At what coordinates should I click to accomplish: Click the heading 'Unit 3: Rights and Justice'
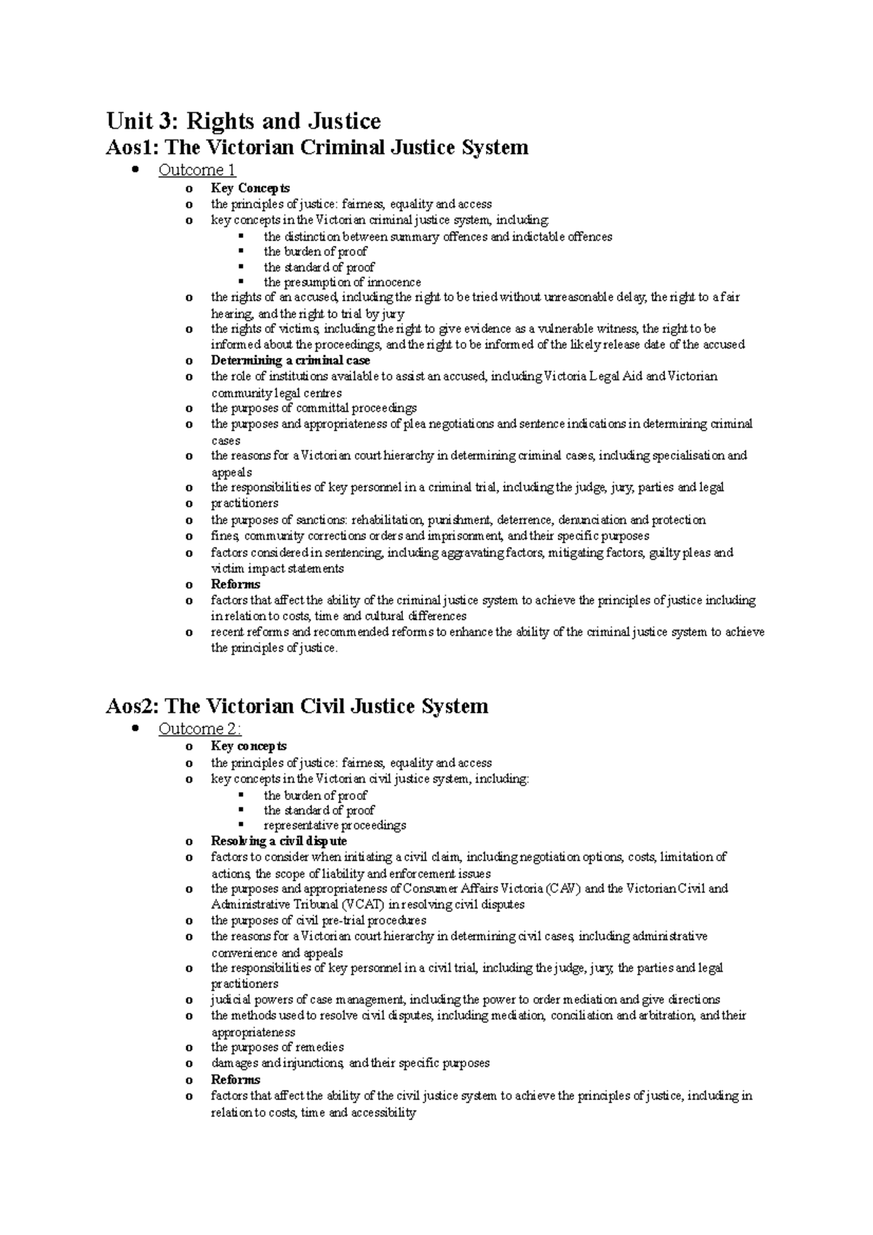click(243, 120)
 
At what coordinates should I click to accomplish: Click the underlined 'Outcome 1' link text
click(197, 170)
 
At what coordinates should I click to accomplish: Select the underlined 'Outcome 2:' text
click(200, 729)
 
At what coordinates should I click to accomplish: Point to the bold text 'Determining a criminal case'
click(290, 360)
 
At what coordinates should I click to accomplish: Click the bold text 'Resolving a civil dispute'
click(279, 841)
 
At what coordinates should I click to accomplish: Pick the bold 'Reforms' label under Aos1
click(235, 584)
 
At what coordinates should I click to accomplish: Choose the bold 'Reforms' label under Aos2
click(235, 1079)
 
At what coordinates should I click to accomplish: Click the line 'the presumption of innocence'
click(342, 282)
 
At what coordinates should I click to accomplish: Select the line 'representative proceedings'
click(335, 826)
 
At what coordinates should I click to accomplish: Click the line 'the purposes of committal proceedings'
click(314, 408)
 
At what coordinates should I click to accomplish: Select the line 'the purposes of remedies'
click(277, 1047)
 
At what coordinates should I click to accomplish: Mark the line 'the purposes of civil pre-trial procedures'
click(319, 920)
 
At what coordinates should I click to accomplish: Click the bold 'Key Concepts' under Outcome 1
click(250, 188)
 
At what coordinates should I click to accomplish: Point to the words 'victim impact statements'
click(277, 569)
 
